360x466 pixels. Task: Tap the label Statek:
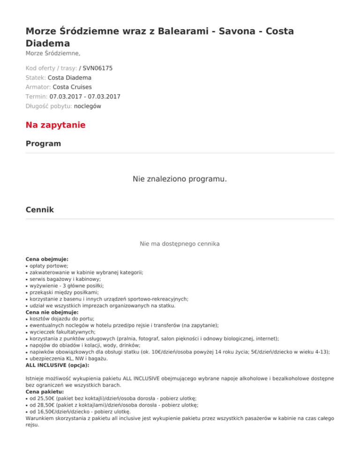pyautogui.click(x=36, y=77)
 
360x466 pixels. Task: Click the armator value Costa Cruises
pyautogui.click(x=72, y=87)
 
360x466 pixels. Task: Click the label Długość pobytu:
pyautogui.click(x=49, y=106)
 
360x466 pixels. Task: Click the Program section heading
pyautogui.click(x=43, y=143)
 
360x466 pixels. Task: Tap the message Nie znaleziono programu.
pyautogui.click(x=180, y=179)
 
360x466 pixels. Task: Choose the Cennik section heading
pyautogui.click(x=40, y=210)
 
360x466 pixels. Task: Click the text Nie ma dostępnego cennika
pyautogui.click(x=180, y=244)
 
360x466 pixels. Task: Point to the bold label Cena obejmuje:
pyautogui.click(x=47, y=259)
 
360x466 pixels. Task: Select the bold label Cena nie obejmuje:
pyautogui.click(x=52, y=312)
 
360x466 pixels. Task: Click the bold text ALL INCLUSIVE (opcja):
pyautogui.click(x=57, y=365)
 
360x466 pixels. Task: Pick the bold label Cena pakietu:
pyautogui.click(x=45, y=391)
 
